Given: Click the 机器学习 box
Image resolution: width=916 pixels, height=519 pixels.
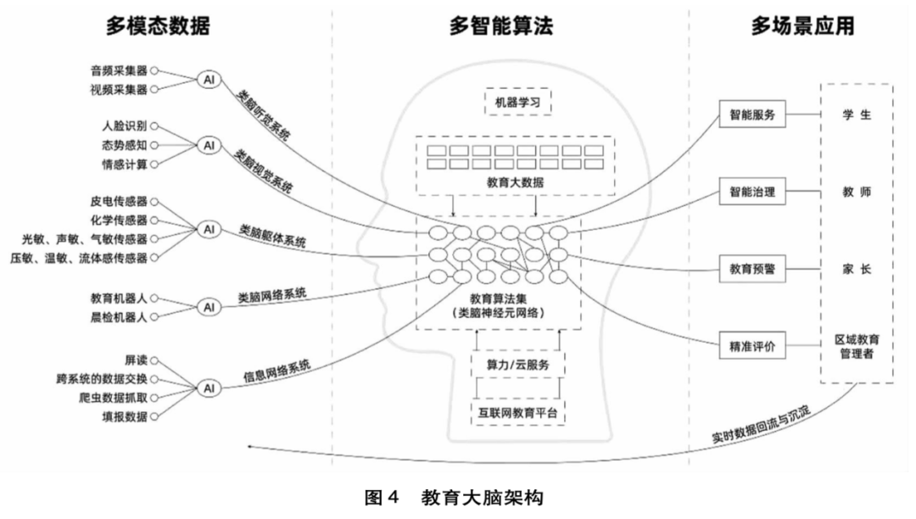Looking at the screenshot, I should [517, 103].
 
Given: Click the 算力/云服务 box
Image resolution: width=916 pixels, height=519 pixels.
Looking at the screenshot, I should [517, 365].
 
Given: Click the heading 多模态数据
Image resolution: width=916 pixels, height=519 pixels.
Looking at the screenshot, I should [158, 27].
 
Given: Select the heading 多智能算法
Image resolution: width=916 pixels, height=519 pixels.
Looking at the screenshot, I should [501, 27].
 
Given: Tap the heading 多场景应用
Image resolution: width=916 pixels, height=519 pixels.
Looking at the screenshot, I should [802, 27].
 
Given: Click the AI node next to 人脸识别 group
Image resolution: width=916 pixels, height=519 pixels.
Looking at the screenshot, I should [208, 145].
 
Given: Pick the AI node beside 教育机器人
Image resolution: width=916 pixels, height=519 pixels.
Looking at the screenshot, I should [208, 306].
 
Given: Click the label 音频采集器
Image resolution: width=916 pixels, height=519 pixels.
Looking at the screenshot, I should [119, 72].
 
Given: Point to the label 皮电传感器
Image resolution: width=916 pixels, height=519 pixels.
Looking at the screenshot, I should [119, 201].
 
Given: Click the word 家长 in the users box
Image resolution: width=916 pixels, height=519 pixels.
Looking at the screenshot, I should [856, 270].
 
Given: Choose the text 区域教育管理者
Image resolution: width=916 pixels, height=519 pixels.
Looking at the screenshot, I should [856, 348].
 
